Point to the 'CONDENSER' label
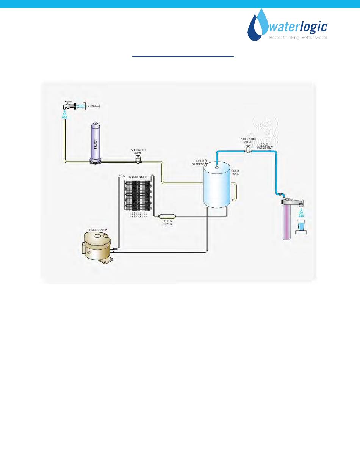[x=138, y=177]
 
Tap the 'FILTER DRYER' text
[x=167, y=223]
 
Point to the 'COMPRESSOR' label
[x=97, y=229]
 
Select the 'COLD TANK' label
[x=235, y=173]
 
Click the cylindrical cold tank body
[x=217, y=186]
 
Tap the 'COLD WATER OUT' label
[x=266, y=146]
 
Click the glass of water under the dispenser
[x=301, y=225]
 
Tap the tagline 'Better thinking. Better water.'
[x=298, y=38]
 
